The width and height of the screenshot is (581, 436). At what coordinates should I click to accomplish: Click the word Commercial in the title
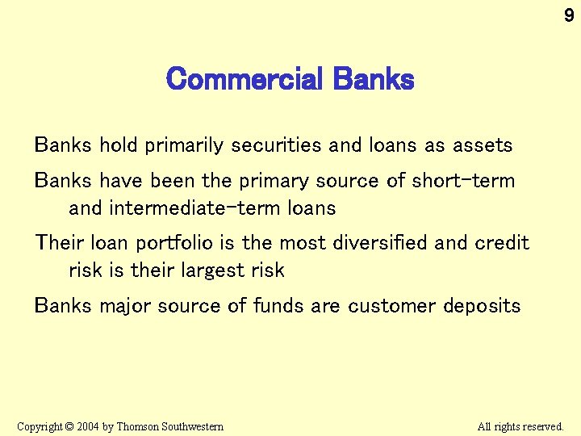point(243,80)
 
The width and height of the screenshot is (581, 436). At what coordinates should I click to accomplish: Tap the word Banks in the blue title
point(373,80)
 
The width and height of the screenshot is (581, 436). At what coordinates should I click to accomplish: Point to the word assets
point(482,145)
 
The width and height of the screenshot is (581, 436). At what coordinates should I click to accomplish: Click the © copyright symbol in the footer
point(69,426)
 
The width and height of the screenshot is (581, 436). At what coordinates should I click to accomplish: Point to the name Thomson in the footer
point(139,426)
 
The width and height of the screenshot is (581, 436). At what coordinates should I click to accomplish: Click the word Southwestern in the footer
point(194,426)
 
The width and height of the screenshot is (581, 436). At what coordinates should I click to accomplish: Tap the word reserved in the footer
point(542,426)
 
